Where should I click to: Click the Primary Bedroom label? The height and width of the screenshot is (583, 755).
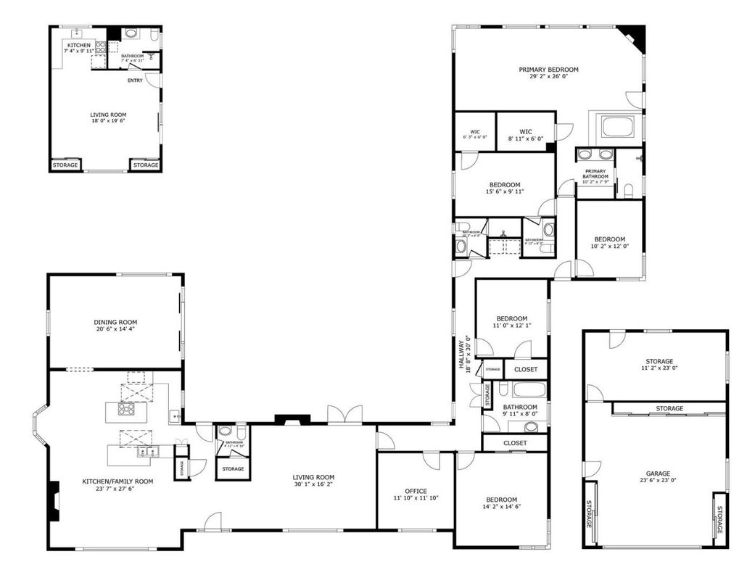pos(548,70)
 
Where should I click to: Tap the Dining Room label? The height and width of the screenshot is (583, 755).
pos(115,323)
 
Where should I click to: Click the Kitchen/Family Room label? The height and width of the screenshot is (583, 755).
pos(117,481)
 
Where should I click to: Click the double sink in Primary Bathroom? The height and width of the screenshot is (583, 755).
pos(595,155)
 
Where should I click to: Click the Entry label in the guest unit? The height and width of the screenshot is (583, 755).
pos(135,80)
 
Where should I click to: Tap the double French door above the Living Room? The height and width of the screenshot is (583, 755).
pos(345,415)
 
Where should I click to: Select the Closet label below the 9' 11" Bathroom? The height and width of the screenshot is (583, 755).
pos(515,442)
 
